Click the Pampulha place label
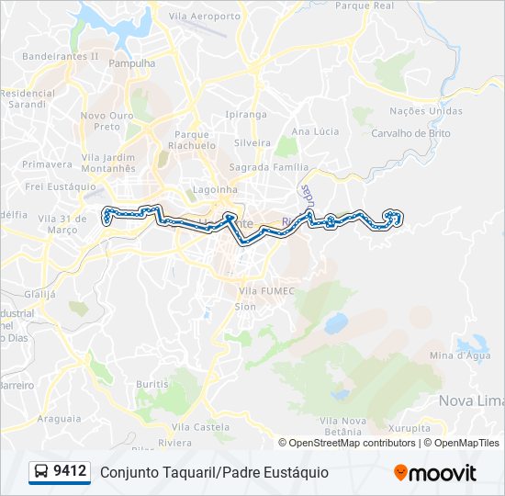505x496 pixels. (x=132, y=63)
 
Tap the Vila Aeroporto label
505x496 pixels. (x=205, y=17)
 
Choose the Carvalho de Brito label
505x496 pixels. (x=410, y=132)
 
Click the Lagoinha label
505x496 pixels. (x=215, y=189)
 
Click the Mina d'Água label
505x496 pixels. (x=460, y=355)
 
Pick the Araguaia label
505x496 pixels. (x=60, y=418)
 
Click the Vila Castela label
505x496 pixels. (x=200, y=427)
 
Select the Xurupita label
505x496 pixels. (x=410, y=428)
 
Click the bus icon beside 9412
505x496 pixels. (x=41, y=472)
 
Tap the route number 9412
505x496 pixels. (x=71, y=472)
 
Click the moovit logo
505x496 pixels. (x=435, y=473)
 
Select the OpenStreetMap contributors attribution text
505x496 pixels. (x=353, y=443)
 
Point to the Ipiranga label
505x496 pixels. (x=246, y=115)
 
